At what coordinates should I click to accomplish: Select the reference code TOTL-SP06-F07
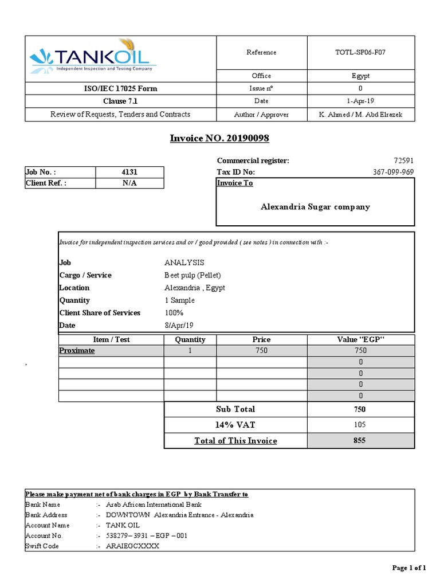pos(360,52)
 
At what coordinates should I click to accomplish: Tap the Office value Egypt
pos(360,76)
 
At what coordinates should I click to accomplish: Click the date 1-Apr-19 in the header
pos(360,101)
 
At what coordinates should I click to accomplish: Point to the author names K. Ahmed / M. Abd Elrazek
pos(360,115)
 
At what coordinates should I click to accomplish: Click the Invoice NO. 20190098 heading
pos(219,138)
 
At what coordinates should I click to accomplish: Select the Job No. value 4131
pos(129,172)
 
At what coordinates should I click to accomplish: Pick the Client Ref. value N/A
pos(129,183)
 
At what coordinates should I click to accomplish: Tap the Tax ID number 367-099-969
pos(392,172)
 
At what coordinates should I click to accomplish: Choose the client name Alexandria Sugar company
pos(315,207)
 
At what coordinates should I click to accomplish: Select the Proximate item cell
pos(77,350)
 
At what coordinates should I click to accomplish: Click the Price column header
pos(261,339)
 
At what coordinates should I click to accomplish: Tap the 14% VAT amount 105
pos(360,425)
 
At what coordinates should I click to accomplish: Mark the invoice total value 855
pos(360,441)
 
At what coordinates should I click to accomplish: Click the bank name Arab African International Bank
pos(154,504)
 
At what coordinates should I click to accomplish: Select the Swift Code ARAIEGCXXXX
pos(132,546)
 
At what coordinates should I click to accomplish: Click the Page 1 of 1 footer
pos(408,568)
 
